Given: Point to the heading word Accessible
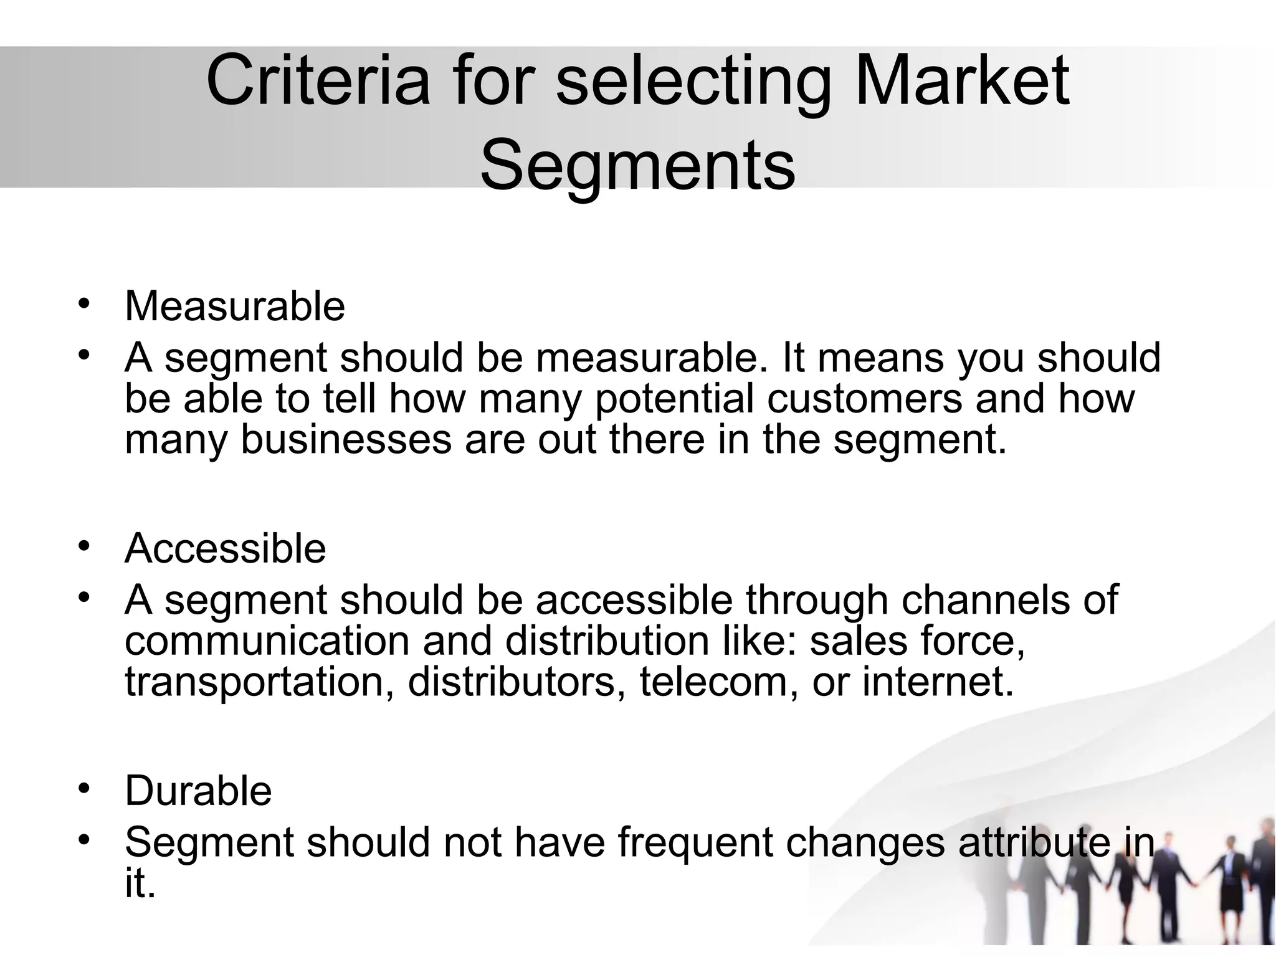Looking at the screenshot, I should tap(225, 548).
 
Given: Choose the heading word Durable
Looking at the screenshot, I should tap(198, 791).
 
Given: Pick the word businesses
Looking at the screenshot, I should tap(346, 439).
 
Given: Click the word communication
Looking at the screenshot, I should tap(267, 641).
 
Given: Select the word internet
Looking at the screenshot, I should tap(938, 682).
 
